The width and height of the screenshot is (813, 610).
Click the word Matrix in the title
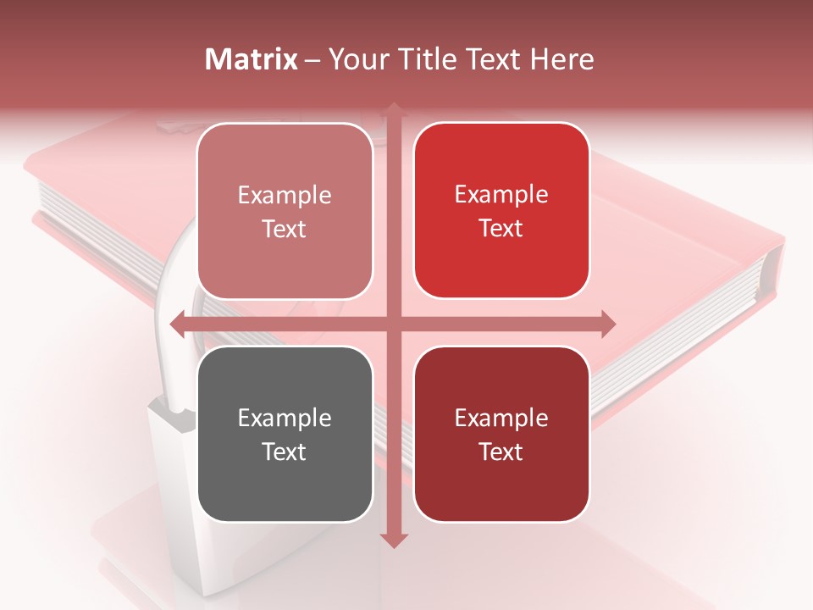coord(252,59)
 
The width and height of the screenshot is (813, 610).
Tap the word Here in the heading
coord(561,59)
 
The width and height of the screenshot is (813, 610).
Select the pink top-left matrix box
coord(285,211)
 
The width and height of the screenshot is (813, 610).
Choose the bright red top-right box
coord(501,211)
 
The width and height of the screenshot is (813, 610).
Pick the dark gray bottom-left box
coord(285,434)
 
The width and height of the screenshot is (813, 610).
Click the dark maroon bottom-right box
coord(501,434)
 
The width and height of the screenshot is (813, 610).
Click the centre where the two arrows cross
coord(393,324)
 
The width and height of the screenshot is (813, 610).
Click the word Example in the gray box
coord(285,418)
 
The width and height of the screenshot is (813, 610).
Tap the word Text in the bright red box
coord(501,228)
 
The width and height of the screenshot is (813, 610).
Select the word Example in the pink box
coord(285,195)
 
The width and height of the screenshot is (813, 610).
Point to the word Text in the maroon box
coord(501,452)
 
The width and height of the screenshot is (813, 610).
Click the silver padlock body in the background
coord(174,491)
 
